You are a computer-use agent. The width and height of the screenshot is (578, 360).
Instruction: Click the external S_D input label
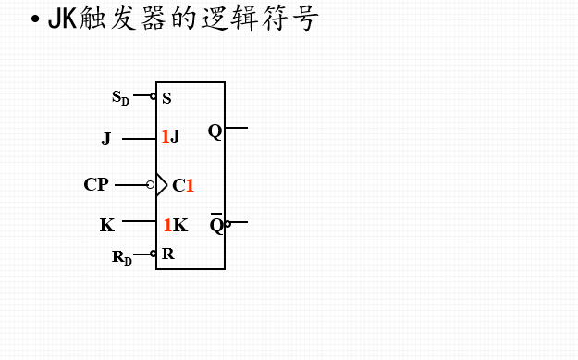point(120,96)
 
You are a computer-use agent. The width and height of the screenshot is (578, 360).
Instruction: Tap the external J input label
point(106,140)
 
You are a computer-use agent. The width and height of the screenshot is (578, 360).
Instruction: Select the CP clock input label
point(96,185)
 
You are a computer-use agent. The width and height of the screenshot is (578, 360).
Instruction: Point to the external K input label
point(107,225)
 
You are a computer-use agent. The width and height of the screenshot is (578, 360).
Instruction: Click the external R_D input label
point(121,256)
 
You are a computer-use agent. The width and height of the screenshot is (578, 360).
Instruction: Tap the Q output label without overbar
point(215,130)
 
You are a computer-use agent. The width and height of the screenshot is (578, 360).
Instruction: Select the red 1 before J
point(166,137)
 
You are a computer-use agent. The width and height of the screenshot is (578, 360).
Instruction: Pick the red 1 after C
point(190,186)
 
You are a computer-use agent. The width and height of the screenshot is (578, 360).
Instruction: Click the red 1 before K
point(167,225)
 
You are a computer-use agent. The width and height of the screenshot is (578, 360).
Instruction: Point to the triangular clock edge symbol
point(162,185)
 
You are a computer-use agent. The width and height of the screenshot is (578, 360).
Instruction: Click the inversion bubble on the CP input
point(151,185)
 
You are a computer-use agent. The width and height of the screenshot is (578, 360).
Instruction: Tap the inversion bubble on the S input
point(153,95)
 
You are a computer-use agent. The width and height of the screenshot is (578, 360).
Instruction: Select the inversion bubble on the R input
point(154,254)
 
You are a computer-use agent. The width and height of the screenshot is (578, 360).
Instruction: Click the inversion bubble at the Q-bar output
point(228,222)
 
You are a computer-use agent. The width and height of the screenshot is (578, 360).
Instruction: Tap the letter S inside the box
point(166,98)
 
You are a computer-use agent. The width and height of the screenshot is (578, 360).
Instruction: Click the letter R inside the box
point(167,254)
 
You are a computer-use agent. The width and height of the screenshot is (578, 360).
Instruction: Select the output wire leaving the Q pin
point(237,128)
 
